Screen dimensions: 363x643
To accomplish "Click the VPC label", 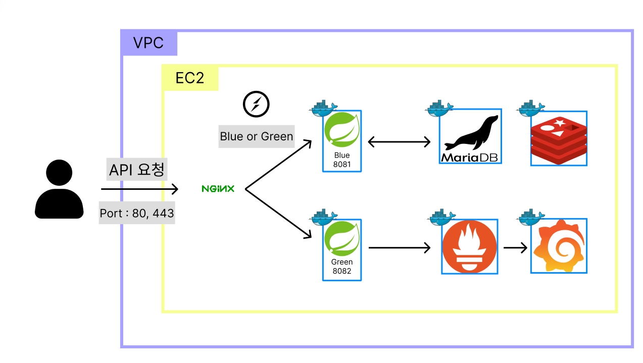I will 149,43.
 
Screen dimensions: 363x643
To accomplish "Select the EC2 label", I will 189,78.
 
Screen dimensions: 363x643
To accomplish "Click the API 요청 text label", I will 137,170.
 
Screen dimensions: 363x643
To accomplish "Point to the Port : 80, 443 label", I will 137,214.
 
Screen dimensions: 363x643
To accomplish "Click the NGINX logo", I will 218,189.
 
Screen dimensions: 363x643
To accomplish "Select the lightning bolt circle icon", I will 256,105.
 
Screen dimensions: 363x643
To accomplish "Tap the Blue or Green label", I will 256,136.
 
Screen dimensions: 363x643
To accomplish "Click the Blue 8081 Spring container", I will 342,141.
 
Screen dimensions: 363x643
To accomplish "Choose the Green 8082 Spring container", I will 342,249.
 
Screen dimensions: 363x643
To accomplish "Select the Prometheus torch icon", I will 469,247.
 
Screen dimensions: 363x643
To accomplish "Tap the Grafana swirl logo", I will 559,247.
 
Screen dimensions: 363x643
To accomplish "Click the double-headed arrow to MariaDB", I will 399,142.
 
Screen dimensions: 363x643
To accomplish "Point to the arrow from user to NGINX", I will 139,189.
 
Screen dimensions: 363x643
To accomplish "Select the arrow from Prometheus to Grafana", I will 515,248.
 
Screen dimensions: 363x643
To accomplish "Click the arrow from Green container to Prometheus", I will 399,248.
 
